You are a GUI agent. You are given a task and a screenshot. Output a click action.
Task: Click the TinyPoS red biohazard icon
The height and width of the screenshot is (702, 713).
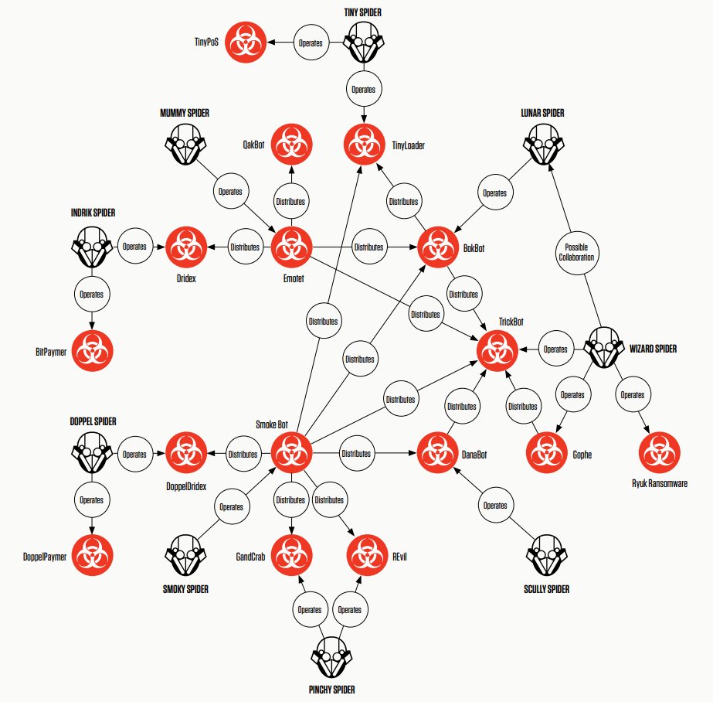pyautogui.click(x=246, y=43)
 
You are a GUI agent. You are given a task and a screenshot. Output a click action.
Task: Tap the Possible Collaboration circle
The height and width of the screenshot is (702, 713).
pyautogui.click(x=577, y=252)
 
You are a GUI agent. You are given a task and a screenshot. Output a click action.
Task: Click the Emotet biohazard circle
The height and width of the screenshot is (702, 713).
pyautogui.click(x=291, y=247)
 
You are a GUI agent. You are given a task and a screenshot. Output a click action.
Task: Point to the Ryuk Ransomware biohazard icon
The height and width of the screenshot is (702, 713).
pyautogui.click(x=658, y=452)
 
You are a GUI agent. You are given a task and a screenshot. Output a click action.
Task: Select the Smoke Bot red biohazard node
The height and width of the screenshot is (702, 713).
pyautogui.click(x=291, y=452)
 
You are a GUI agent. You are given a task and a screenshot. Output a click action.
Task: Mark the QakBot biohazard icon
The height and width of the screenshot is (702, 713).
pyautogui.click(x=291, y=144)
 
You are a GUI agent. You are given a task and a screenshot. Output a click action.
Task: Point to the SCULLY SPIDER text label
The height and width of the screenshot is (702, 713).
pyautogui.click(x=546, y=589)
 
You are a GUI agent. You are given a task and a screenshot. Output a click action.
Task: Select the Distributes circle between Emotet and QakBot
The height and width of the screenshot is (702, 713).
pyautogui.click(x=291, y=202)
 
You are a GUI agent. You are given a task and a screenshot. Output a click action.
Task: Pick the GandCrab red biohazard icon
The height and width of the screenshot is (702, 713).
pyautogui.click(x=291, y=554)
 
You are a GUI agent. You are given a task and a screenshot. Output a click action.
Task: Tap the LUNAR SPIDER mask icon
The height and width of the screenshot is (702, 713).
pyautogui.click(x=543, y=143)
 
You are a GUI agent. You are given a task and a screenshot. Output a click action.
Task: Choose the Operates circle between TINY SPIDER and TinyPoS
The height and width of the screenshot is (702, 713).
pyautogui.click(x=311, y=43)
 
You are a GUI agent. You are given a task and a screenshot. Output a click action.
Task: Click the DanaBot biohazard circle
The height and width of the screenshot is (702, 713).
pyautogui.click(x=437, y=452)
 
